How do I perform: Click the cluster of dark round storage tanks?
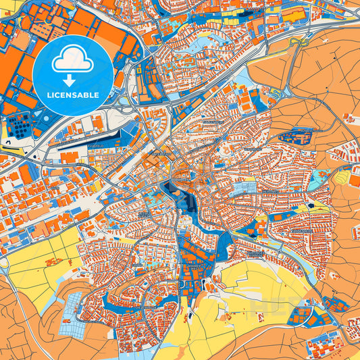(20, 126)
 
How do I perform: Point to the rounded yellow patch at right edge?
(344, 177)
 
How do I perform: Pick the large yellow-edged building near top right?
(292, 15)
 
